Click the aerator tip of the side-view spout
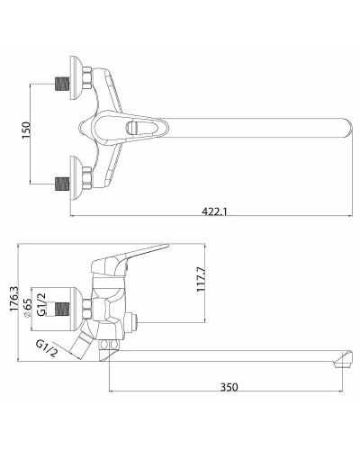pyautogui.click(x=340, y=364)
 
